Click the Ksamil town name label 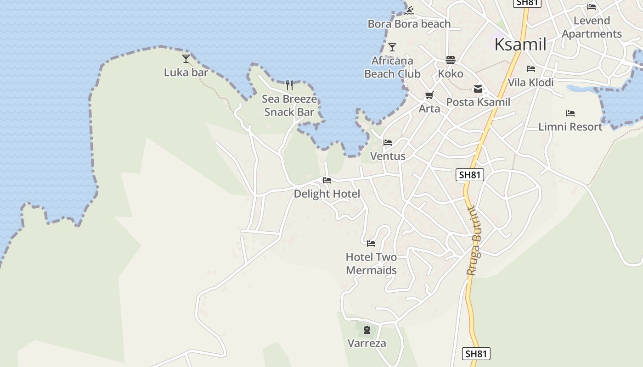pyautogui.click(x=520, y=44)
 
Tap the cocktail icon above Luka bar pyautogui.click(x=186, y=59)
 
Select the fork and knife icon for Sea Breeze pyautogui.click(x=289, y=85)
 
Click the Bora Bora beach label pyautogui.click(x=409, y=24)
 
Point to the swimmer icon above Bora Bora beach pyautogui.click(x=410, y=10)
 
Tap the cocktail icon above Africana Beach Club pyautogui.click(x=392, y=47)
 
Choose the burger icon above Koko pyautogui.click(x=450, y=60)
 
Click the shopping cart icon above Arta pyautogui.click(x=429, y=95)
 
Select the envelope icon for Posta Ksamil pyautogui.click(x=478, y=89)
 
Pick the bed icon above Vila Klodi pyautogui.click(x=531, y=69)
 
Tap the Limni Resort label pyautogui.click(x=570, y=127)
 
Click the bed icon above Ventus pyautogui.click(x=388, y=143)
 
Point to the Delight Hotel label pyautogui.click(x=327, y=194)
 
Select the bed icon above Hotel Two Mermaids pyautogui.click(x=371, y=243)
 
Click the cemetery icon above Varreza pyautogui.click(x=367, y=330)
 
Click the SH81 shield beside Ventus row pyautogui.click(x=470, y=175)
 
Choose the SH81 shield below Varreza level pyautogui.click(x=476, y=354)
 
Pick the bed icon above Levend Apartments pyautogui.click(x=592, y=7)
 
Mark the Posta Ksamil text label pyautogui.click(x=478, y=102)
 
